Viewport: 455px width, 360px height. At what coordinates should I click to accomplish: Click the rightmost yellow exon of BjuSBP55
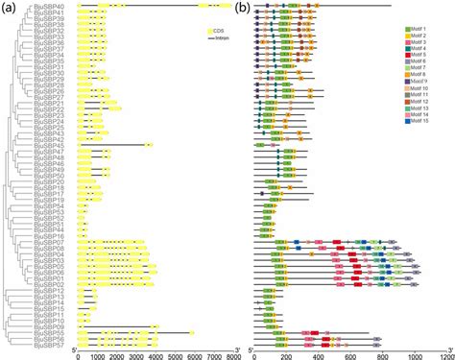(x=192, y=332)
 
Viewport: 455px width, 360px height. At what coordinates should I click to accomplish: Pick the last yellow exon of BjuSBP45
(x=148, y=145)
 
